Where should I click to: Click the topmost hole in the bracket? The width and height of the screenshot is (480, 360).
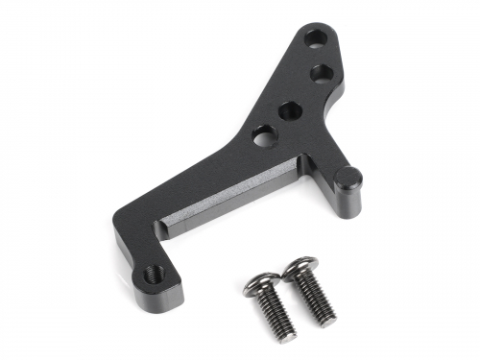(x=316, y=39)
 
